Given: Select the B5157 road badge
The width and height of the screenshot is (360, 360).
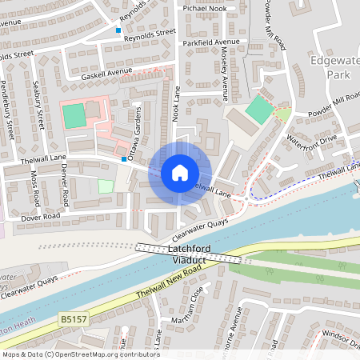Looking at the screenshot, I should (72, 319).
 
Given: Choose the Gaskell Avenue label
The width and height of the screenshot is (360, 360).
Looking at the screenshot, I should (106, 73).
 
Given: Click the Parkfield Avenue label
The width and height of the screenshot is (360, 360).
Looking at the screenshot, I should (210, 42).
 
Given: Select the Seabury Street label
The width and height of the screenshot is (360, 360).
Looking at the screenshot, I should (38, 106).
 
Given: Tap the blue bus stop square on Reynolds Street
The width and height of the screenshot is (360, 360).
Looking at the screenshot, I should (118, 30).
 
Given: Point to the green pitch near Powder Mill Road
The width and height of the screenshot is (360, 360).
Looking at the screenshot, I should (258, 109).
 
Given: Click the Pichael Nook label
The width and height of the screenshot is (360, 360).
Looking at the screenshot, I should (205, 7).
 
